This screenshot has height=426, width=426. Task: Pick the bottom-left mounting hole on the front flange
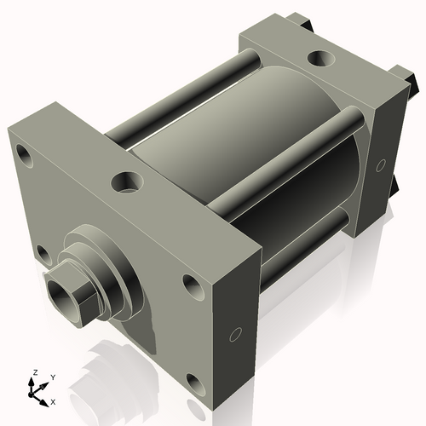click(40, 252)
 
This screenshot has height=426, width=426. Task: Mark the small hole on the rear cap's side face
click(380, 164)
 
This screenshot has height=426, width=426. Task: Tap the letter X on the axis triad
click(54, 400)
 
